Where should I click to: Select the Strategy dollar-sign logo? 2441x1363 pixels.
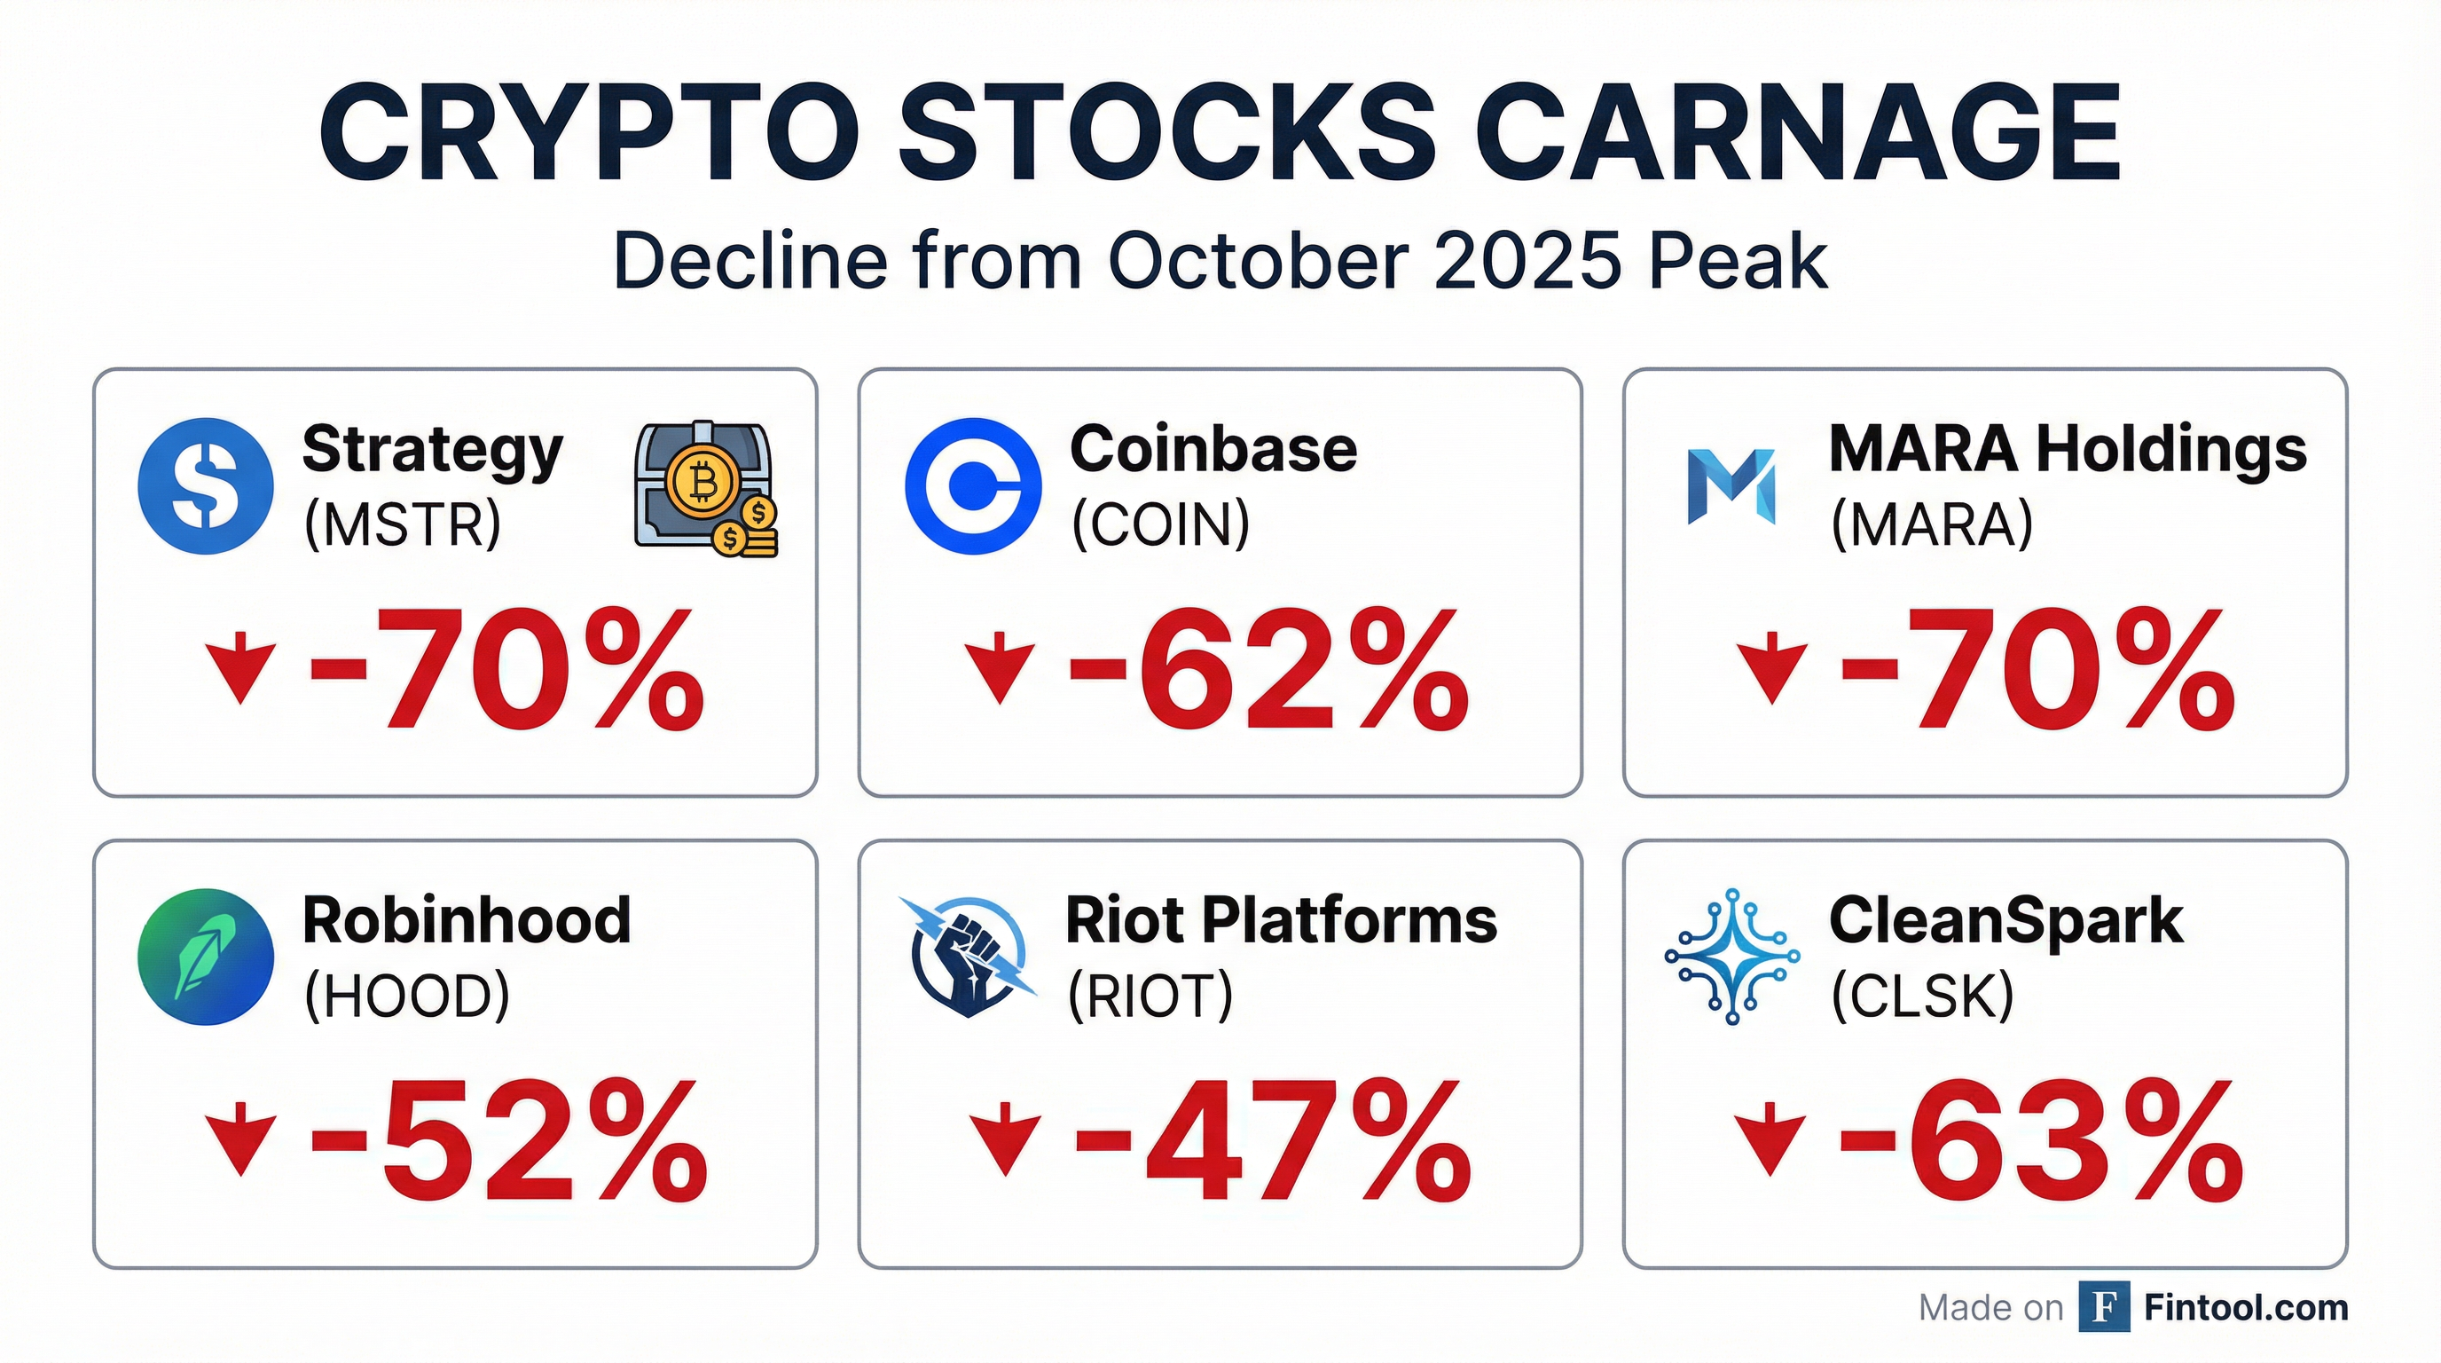(x=206, y=486)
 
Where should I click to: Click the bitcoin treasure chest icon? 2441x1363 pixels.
(x=705, y=489)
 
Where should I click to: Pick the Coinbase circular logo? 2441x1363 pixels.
(x=972, y=486)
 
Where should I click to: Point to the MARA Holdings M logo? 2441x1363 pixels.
(x=1731, y=486)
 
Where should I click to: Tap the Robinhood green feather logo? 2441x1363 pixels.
(x=206, y=957)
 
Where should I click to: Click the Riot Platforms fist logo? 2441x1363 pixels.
(x=969, y=957)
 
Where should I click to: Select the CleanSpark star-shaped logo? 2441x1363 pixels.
(x=1732, y=957)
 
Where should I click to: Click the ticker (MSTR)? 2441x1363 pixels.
(x=403, y=524)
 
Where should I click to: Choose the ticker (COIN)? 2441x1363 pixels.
(x=1161, y=524)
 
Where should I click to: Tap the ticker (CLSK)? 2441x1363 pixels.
(x=1923, y=997)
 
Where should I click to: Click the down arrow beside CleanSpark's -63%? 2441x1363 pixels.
(x=1770, y=1139)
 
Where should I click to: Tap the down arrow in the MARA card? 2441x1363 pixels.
(x=1771, y=667)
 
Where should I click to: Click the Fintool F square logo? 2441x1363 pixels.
(x=2104, y=1307)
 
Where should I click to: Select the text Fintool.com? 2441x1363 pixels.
(x=2246, y=1308)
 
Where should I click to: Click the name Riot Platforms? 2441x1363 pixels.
(x=1281, y=920)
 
